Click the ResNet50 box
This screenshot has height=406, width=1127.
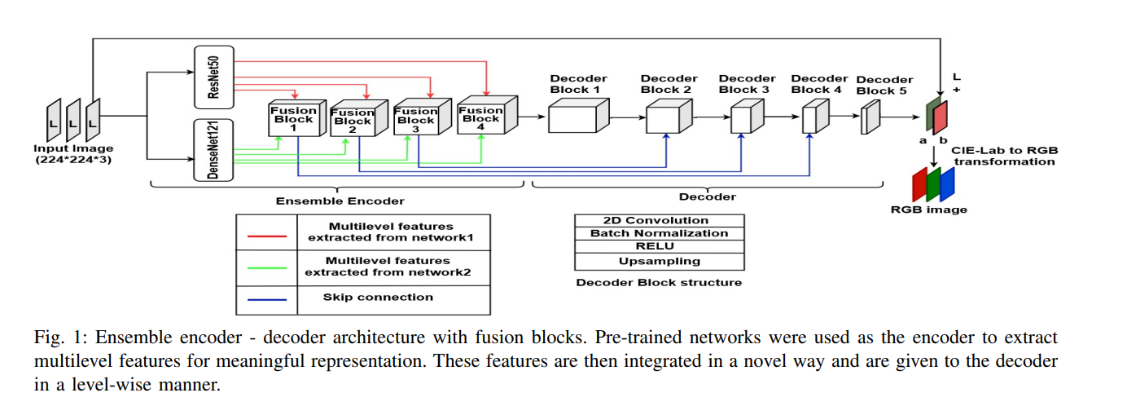click(213, 77)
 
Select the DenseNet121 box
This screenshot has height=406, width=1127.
click(213, 149)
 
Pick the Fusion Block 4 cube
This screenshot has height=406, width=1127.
click(485, 117)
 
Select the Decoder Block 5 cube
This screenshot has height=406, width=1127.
click(870, 119)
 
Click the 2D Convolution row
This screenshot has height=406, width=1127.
click(659, 221)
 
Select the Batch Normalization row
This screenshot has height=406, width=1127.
click(659, 234)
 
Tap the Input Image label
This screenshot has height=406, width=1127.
click(73, 154)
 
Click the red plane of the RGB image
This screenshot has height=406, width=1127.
click(920, 185)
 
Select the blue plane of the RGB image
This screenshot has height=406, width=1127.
click(947, 184)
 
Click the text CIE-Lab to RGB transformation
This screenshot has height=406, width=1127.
click(1004, 156)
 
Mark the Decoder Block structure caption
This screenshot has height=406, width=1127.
click(659, 283)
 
